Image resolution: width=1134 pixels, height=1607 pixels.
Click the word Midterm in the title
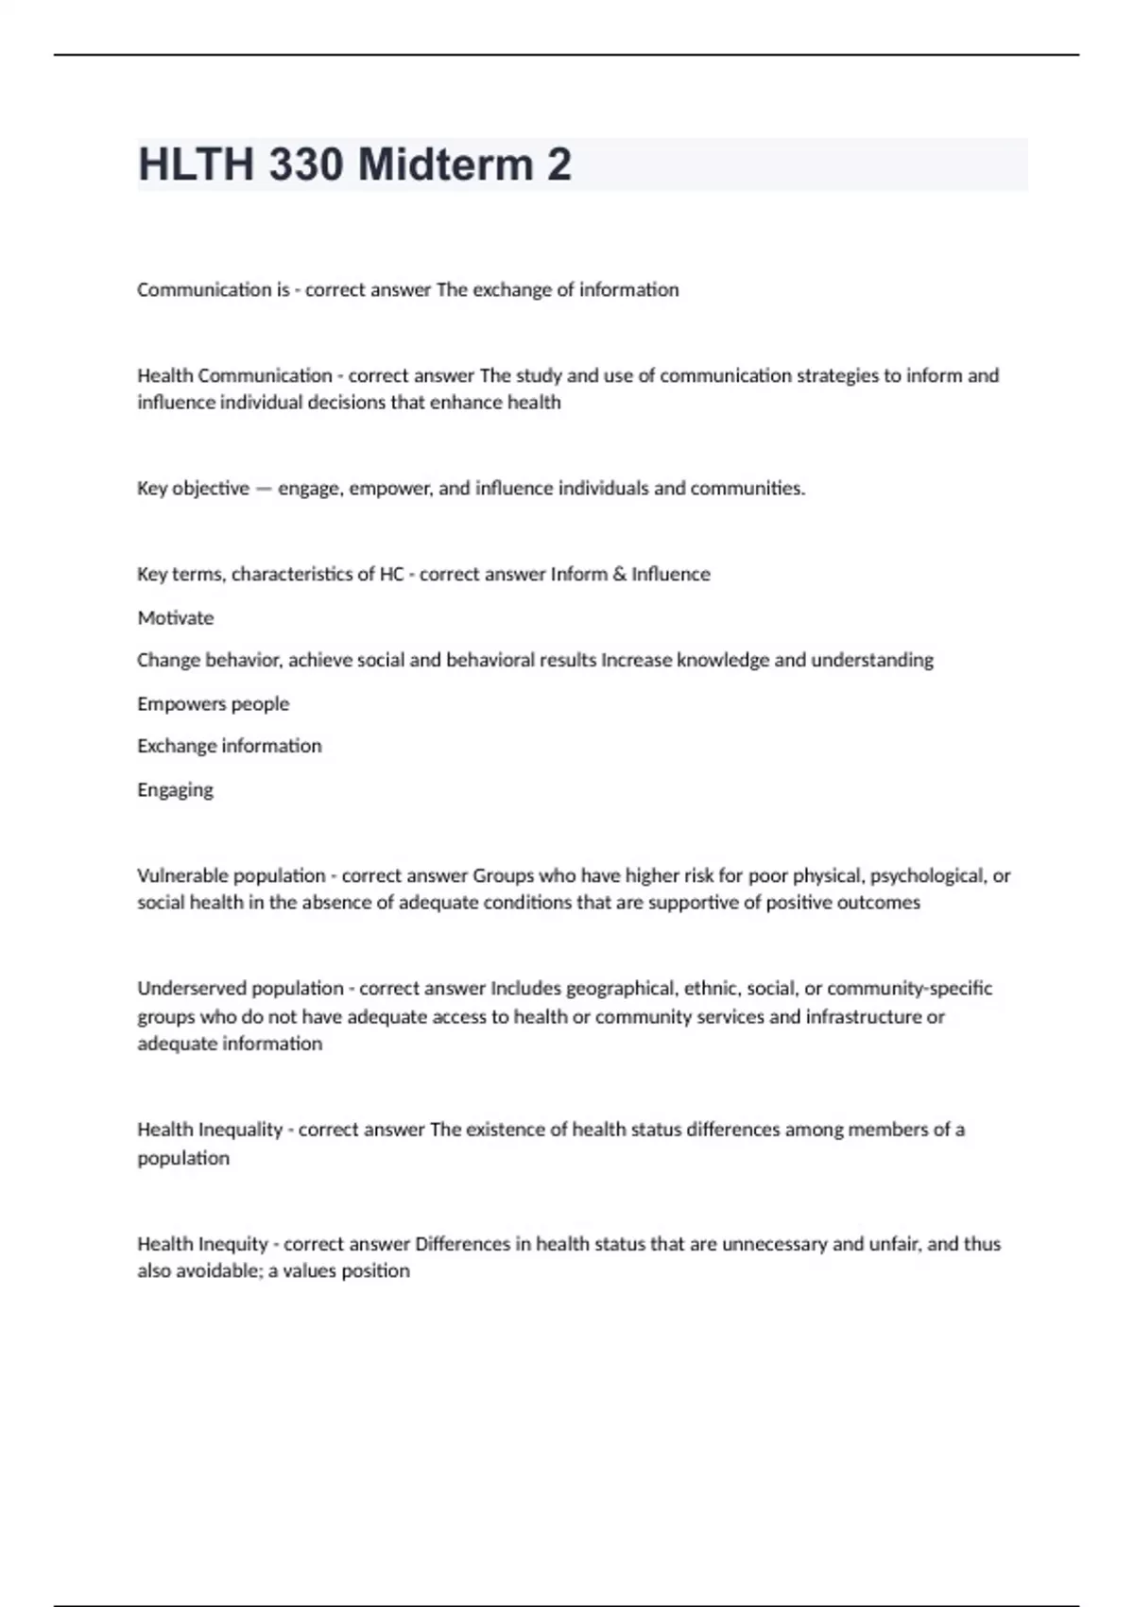[445, 164]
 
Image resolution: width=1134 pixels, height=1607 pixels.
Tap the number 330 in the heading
[305, 164]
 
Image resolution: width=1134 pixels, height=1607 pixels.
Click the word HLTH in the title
[197, 164]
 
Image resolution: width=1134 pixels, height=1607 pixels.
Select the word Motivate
[176, 617]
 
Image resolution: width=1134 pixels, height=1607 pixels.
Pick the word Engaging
[175, 790]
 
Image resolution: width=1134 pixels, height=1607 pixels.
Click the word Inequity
[233, 1244]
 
